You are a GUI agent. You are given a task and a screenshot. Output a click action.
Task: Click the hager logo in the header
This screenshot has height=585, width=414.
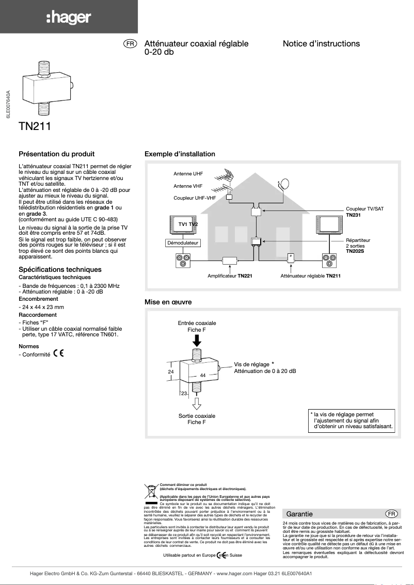[68, 18]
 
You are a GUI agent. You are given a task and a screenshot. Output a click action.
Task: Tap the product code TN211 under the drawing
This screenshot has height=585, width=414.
[35, 126]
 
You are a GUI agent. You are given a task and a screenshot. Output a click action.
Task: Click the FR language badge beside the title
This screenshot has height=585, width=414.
[130, 44]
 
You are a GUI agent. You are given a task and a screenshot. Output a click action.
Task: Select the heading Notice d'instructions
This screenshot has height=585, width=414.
[321, 44]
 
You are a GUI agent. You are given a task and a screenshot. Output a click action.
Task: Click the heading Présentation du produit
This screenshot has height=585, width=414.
[56, 154]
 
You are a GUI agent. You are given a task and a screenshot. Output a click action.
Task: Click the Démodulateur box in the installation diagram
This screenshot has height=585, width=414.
[183, 242]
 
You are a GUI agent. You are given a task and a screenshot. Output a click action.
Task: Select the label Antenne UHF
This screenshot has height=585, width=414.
[188, 174]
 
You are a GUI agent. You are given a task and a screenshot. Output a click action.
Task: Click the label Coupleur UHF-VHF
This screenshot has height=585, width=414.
[194, 198]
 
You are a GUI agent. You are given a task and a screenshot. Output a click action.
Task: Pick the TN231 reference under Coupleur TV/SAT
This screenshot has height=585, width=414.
[353, 215]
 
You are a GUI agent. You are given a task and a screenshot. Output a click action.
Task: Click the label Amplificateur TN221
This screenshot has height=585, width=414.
[230, 276]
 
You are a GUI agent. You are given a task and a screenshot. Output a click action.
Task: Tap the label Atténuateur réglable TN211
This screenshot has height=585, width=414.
[310, 276]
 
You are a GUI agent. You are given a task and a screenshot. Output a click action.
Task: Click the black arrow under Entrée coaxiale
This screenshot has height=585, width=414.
[197, 340]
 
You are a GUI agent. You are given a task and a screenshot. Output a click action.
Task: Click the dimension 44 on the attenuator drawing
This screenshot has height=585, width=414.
[203, 375]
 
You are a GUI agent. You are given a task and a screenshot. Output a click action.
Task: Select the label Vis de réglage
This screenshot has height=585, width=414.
[251, 364]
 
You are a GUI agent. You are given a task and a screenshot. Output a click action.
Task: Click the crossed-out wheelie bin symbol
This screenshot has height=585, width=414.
[151, 491]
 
